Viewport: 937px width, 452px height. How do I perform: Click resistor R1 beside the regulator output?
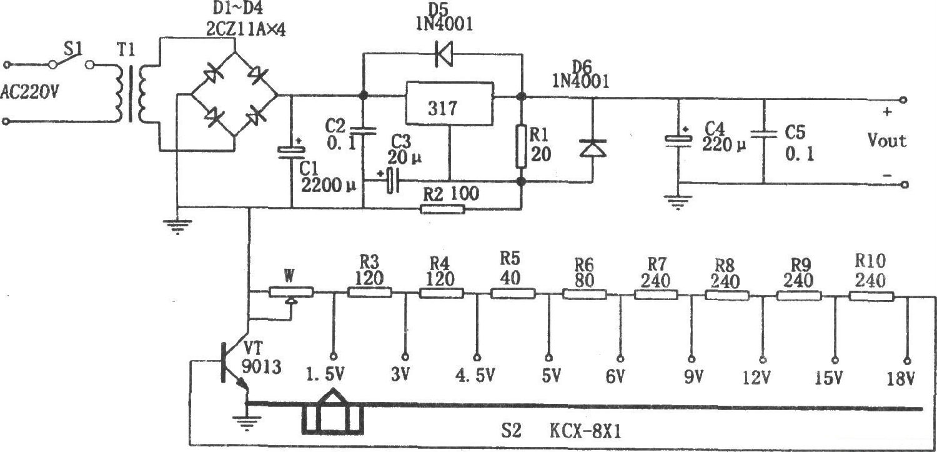coord(521,146)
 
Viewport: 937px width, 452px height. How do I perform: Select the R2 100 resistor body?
coord(442,208)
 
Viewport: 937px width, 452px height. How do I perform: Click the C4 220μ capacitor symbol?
coord(679,141)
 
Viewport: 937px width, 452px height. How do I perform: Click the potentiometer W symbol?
coord(289,292)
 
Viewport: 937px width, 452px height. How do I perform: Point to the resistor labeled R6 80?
coord(585,293)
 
